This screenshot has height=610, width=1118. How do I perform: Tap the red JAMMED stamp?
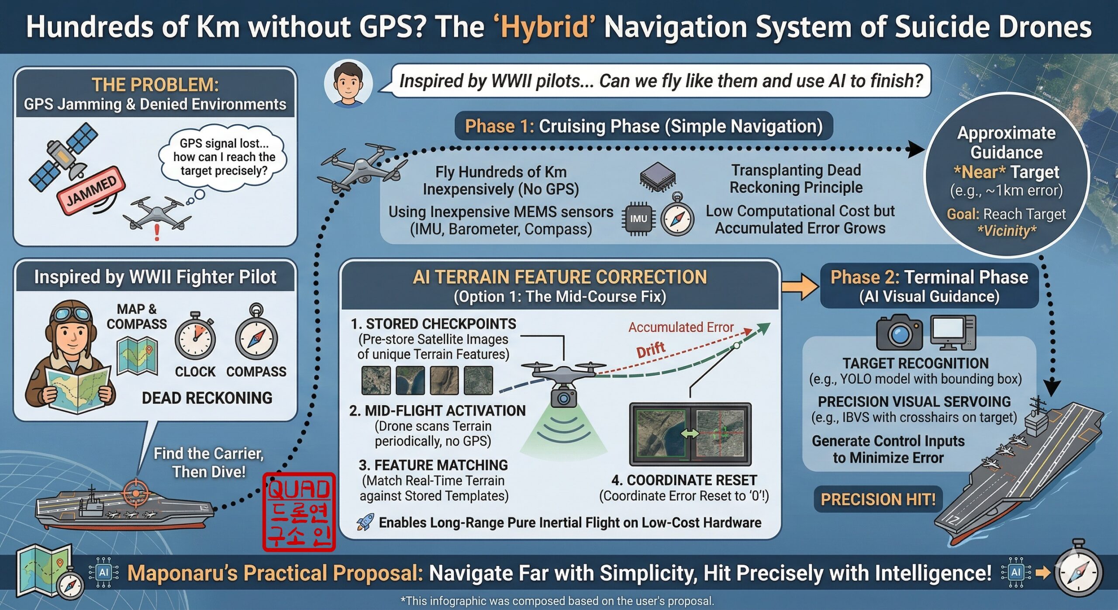click(x=91, y=191)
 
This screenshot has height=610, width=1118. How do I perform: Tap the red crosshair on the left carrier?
click(x=136, y=493)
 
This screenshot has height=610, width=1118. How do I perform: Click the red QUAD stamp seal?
click(x=299, y=512)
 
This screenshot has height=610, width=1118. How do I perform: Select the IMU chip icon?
click(x=638, y=218)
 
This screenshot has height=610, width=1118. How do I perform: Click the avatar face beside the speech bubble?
click(x=348, y=83)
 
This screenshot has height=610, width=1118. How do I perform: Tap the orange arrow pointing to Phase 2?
click(x=800, y=286)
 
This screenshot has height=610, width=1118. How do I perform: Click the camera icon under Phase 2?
click(x=899, y=332)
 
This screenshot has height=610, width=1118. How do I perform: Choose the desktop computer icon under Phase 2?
click(x=952, y=333)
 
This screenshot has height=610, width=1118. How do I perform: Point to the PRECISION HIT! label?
click(x=878, y=499)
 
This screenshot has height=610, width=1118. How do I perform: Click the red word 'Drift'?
click(x=651, y=350)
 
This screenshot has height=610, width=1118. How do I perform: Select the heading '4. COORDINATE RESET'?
click(x=684, y=480)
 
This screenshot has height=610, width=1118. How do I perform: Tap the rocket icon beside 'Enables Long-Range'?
click(x=366, y=522)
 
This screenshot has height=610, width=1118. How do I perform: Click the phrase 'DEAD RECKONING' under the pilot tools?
click(x=207, y=398)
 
